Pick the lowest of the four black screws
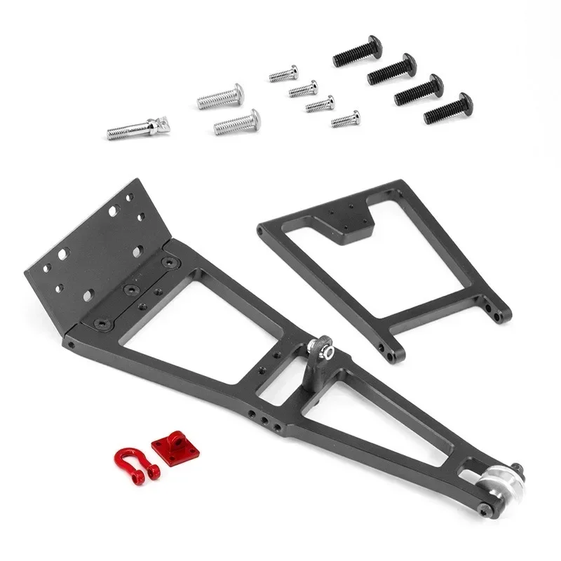(449, 108)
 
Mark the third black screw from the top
(419, 90)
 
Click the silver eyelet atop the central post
(318, 347)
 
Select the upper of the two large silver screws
(220, 97)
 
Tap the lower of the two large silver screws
(237, 122)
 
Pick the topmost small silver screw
(283, 74)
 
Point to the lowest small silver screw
(346, 119)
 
